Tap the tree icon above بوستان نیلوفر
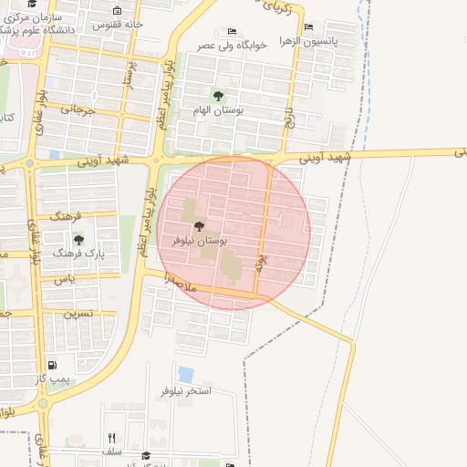pos(199,225)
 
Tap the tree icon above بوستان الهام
pos(217,95)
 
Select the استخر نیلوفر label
pos(186,389)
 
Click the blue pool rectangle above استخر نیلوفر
pos(186,374)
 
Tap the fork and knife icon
pos(111,438)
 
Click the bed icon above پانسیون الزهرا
pos(308,28)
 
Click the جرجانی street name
pos(78,109)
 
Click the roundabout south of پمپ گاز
pos(42,402)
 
